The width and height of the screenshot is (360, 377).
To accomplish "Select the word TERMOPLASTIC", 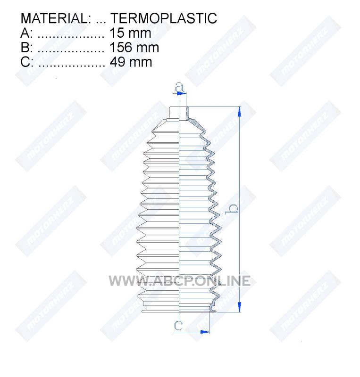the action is click(164, 18).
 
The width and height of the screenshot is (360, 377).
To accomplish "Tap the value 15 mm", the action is click(130, 33).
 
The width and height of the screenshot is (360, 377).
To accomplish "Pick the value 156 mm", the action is click(134, 48).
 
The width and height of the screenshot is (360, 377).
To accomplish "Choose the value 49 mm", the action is click(131, 62).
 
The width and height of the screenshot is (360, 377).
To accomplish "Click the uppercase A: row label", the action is click(26, 33).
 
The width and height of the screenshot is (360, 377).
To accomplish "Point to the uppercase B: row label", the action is click(27, 48).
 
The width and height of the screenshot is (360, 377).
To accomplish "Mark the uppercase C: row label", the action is click(27, 62).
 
